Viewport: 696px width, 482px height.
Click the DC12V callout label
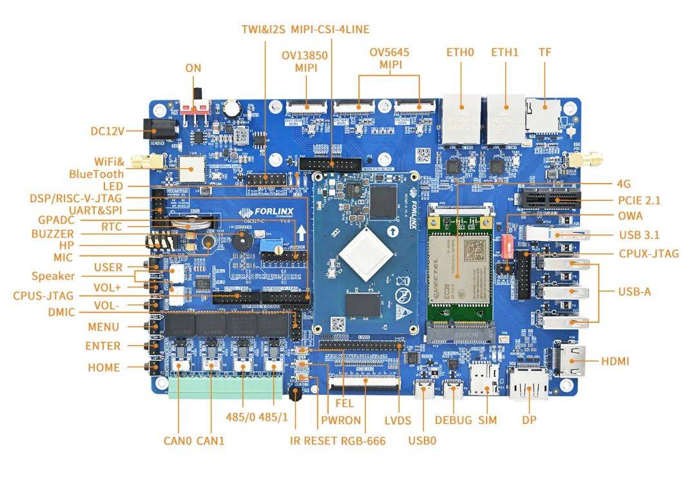106,131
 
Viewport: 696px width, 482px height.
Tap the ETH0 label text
460,52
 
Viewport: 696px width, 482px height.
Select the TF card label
545,52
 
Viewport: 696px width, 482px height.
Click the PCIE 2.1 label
639,200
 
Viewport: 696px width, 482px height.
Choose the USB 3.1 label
638,235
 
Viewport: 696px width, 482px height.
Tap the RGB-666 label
364,441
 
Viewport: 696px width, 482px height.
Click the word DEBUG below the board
453,420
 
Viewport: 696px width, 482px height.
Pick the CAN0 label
178,441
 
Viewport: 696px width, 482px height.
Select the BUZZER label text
52,234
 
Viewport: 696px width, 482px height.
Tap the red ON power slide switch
194,107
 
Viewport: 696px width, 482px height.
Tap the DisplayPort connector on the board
529,385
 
